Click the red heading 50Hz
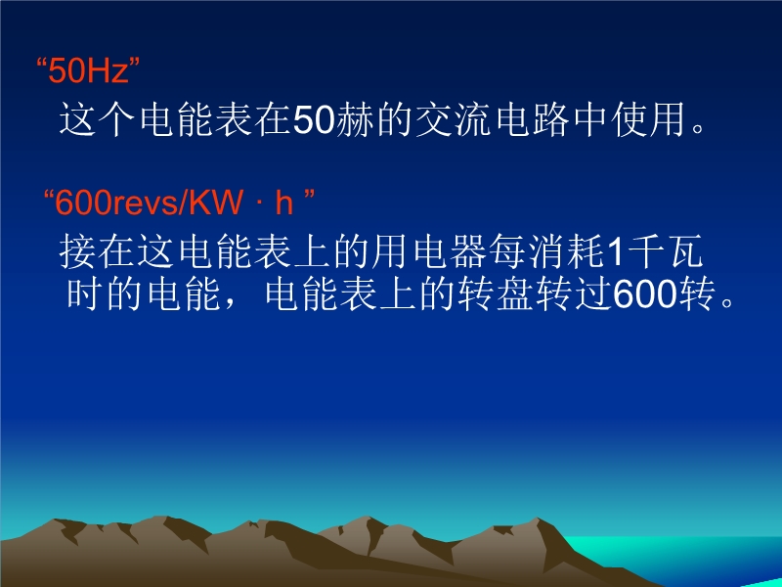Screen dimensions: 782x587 click(88, 69)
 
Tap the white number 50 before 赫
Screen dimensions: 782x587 click(313, 120)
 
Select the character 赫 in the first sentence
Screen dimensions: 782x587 click(355, 120)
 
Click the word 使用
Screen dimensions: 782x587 click(649, 120)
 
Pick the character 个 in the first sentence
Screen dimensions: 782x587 click(115, 120)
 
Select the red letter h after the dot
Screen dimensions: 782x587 click(283, 203)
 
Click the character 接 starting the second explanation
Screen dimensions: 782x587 click(78, 251)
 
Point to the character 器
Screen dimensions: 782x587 click(467, 251)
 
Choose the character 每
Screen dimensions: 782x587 click(506, 251)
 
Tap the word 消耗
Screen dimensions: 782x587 click(566, 251)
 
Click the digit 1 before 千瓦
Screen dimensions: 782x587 click(617, 252)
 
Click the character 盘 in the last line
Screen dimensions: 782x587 click(515, 294)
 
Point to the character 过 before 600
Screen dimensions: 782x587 click(593, 294)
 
